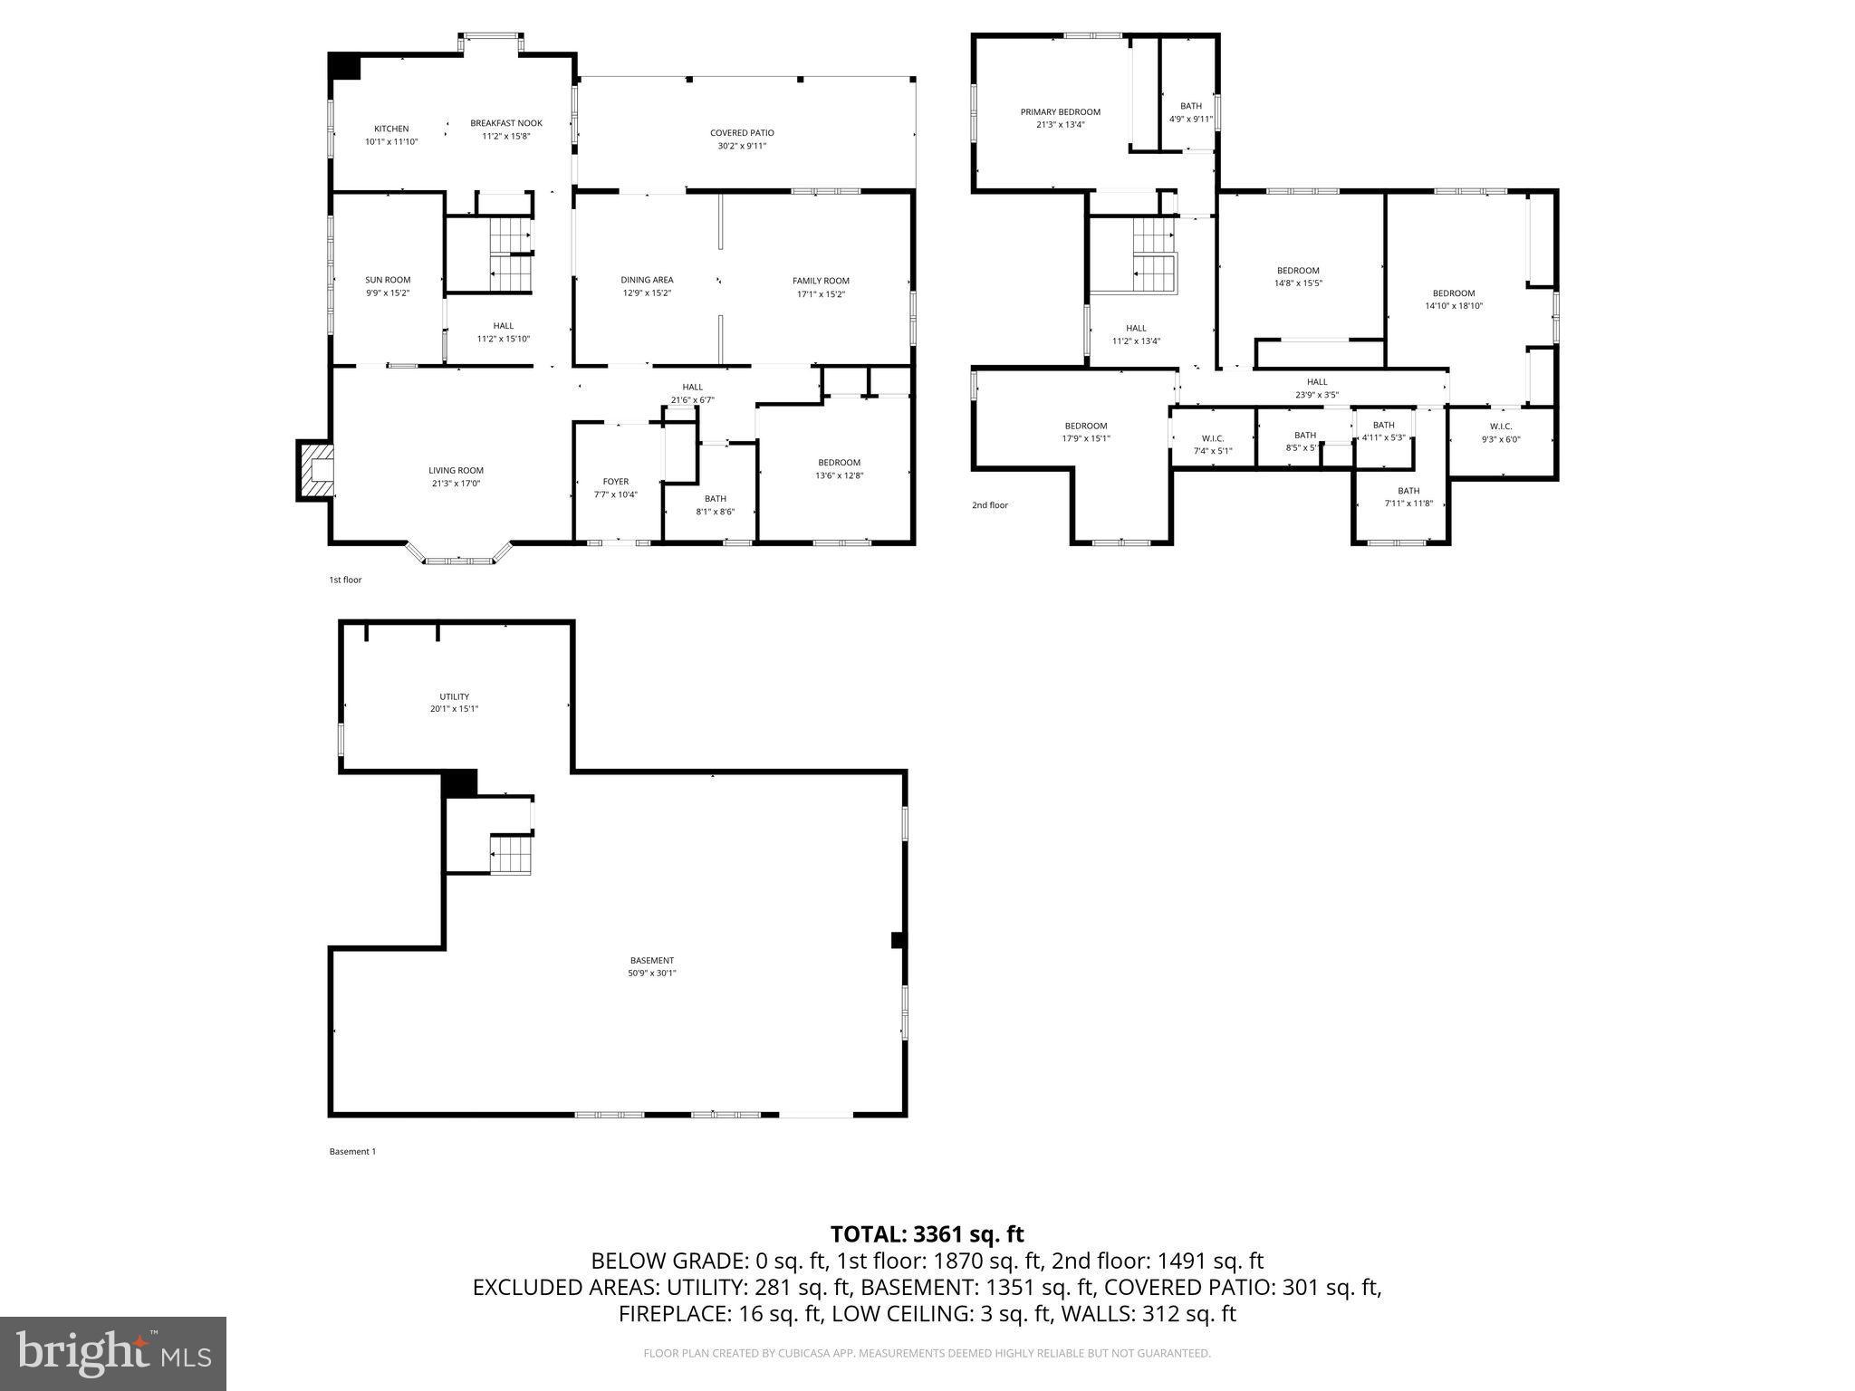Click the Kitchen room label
coord(391,129)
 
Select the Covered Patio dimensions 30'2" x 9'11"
coord(741,146)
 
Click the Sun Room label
coord(388,280)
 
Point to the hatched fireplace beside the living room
coord(315,470)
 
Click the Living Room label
coord(456,470)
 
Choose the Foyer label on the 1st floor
coord(615,482)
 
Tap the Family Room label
coord(821,281)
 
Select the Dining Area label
coord(647,280)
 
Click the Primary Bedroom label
coord(1060,112)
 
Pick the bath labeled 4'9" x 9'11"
coord(1190,119)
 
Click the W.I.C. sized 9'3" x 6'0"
coord(1500,439)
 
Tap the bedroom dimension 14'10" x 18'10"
coord(1453,306)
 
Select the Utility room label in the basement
coord(454,696)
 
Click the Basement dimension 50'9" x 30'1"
coord(652,974)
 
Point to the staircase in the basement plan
coord(510,855)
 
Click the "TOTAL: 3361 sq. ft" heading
coord(927,1233)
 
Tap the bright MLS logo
coord(113,1353)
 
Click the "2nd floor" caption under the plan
coord(989,505)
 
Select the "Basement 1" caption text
coord(351,1152)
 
